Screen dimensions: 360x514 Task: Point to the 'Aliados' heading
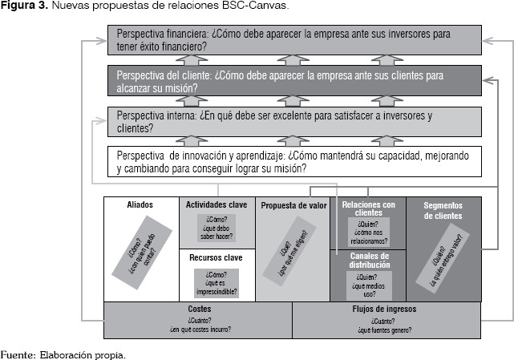coord(140,205)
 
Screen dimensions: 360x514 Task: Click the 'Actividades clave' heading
coord(216,205)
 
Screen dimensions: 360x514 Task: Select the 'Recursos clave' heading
coord(216,258)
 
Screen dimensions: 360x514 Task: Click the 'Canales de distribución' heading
coord(369,260)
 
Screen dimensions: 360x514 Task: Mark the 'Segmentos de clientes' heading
coord(443,209)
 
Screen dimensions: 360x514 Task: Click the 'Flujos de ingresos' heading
coord(387,309)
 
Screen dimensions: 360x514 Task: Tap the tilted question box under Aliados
coord(141,249)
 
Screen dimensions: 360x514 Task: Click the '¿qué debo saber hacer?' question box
coord(216,227)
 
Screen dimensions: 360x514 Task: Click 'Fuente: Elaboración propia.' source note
coord(63,353)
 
